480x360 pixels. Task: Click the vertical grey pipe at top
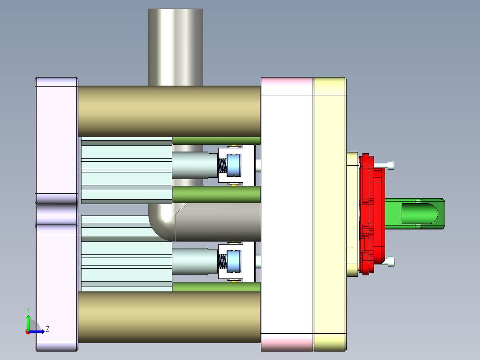tap(175, 45)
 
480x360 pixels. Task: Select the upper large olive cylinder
tap(169, 111)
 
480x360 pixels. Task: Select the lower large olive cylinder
tap(169, 316)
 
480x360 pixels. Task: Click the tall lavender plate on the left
tap(57, 134)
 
